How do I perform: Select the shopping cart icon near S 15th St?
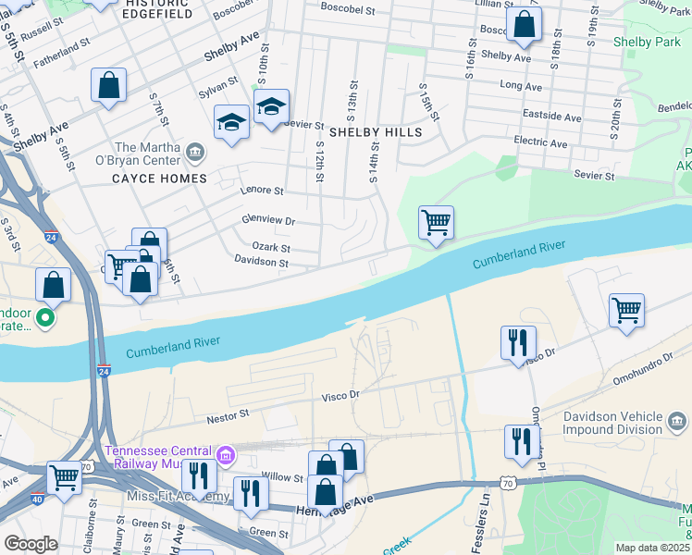[436, 223]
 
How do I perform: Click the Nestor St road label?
[229, 416]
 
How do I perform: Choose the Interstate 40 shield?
[14, 499]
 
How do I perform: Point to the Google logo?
[31, 544]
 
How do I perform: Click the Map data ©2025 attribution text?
[652, 548]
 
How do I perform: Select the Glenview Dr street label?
[267, 221]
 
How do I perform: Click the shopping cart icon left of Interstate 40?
[64, 478]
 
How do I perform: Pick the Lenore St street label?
[262, 191]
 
